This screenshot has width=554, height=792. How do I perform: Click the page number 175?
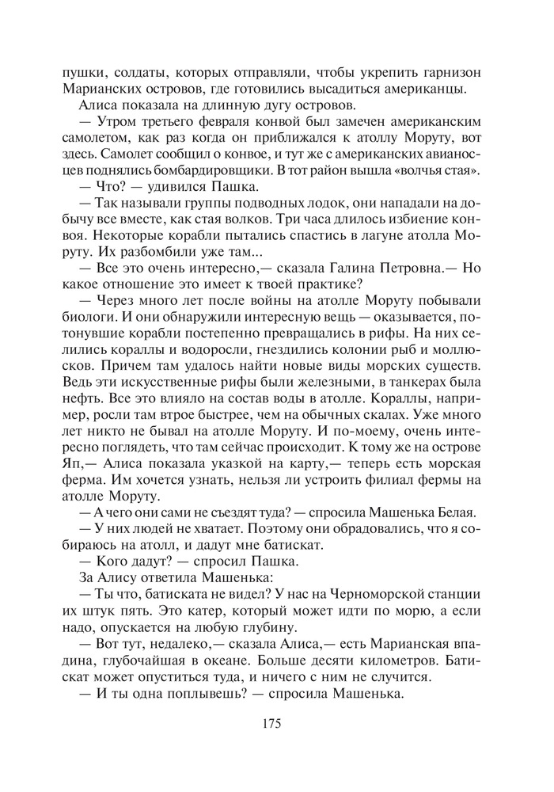271,722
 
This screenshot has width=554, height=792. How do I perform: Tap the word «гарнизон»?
447,72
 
